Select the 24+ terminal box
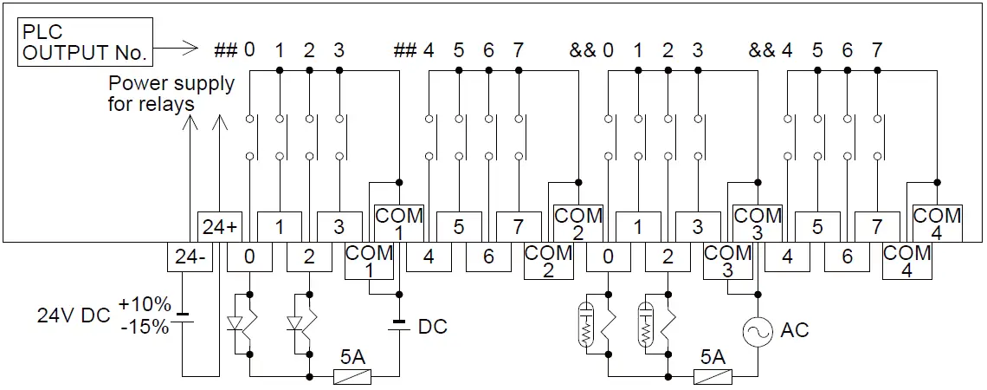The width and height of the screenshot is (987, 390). pos(218,227)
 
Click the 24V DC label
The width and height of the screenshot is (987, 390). pos(73,316)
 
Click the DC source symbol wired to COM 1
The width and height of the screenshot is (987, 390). pos(398,326)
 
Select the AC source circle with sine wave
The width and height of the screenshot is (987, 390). pos(758,331)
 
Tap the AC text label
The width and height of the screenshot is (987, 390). pos(795,331)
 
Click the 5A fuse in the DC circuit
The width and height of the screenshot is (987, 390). pos(352,377)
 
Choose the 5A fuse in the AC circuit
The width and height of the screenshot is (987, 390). pos(713,377)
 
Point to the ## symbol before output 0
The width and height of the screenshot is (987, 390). pos(225,50)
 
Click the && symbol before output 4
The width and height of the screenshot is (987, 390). pos(763,50)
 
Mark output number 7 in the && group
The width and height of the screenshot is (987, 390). pos(877,50)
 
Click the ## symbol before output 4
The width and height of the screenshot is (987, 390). pos(405,50)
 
